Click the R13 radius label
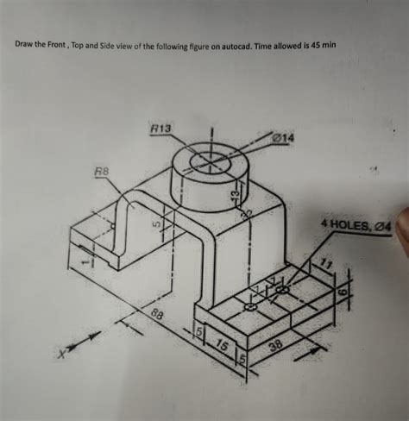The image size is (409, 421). tap(161, 129)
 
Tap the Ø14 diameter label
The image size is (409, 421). tap(284, 137)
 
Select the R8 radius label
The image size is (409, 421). tap(101, 173)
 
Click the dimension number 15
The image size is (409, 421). tap(222, 346)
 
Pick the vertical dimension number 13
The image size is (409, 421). tap(232, 198)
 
